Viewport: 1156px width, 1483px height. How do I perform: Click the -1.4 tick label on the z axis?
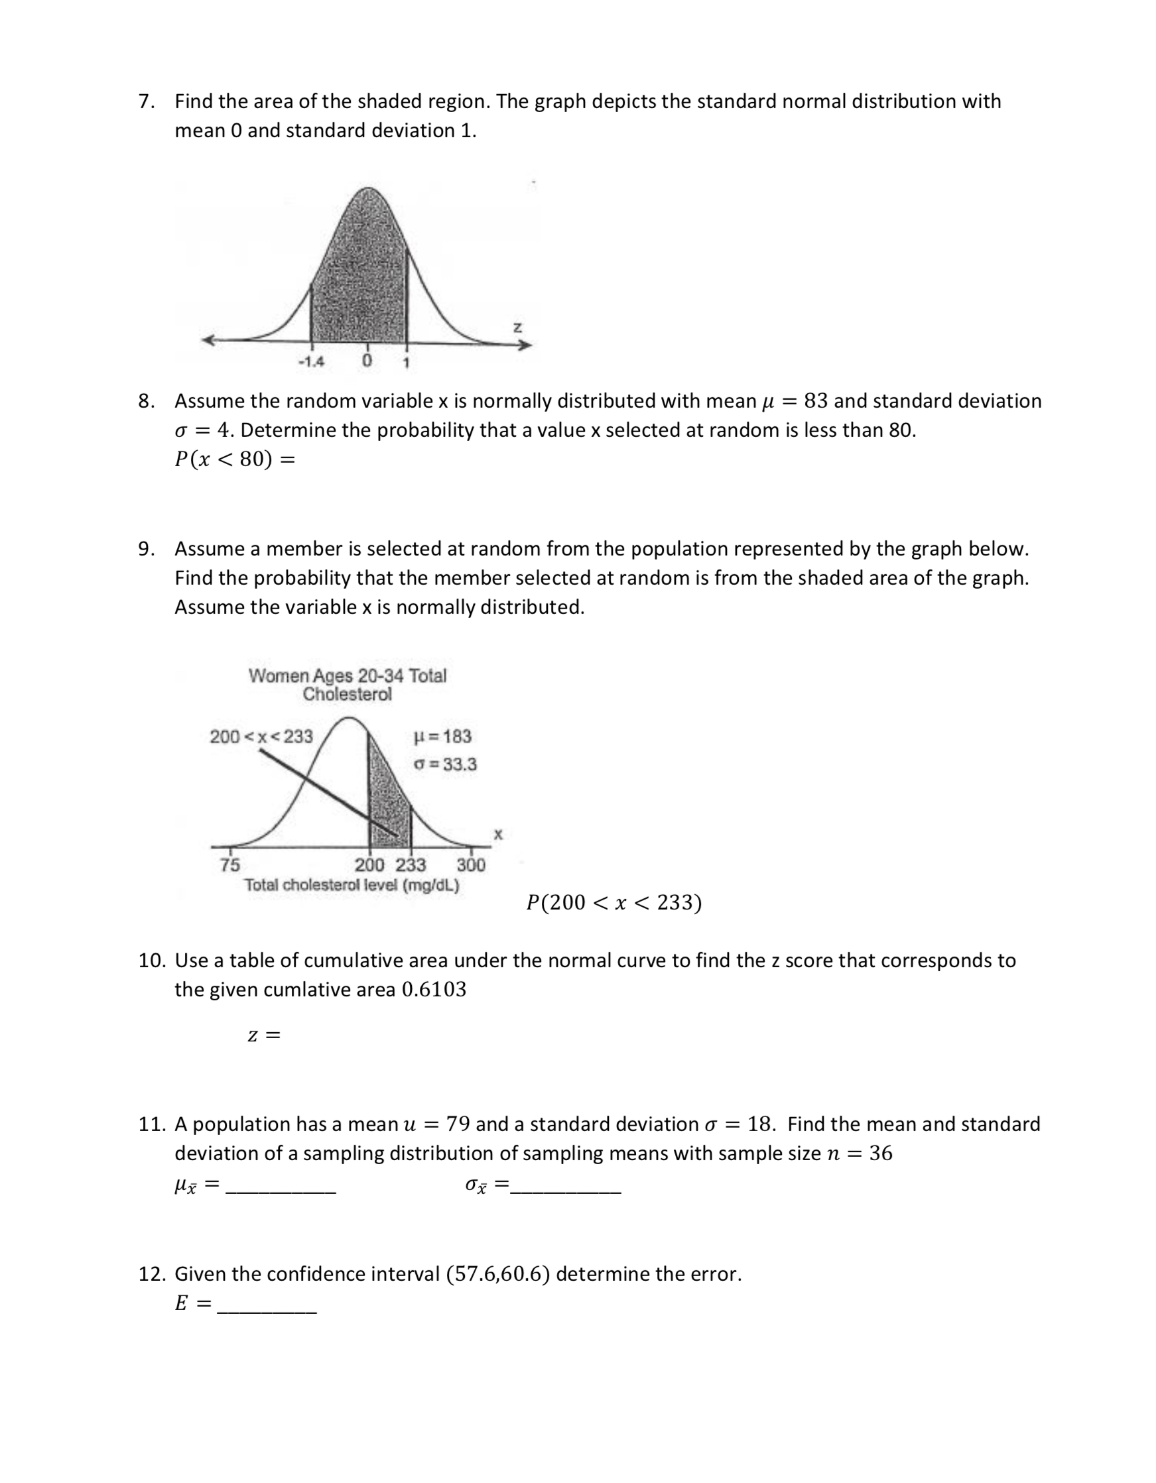coord(312,362)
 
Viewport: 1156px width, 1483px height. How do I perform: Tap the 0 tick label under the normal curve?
coord(367,361)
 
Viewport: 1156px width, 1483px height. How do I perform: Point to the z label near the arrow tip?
coord(517,327)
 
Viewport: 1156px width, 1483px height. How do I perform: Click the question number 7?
coord(145,101)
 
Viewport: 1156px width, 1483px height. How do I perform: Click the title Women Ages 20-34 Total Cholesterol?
coord(347,684)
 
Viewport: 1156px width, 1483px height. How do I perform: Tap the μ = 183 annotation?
coord(442,736)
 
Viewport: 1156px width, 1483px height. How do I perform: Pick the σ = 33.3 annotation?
coord(445,764)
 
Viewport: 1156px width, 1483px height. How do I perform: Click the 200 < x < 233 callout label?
coord(261,736)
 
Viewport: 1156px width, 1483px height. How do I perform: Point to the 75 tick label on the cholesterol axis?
coord(229,864)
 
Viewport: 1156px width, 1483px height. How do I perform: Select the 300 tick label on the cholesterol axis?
coord(471,864)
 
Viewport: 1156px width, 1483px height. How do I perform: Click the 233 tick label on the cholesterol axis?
coord(411,864)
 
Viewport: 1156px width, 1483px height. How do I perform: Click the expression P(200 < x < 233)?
coord(614,902)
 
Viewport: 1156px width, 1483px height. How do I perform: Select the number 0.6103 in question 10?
coord(434,989)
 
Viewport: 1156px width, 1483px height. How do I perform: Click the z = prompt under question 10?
coord(263,1036)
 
